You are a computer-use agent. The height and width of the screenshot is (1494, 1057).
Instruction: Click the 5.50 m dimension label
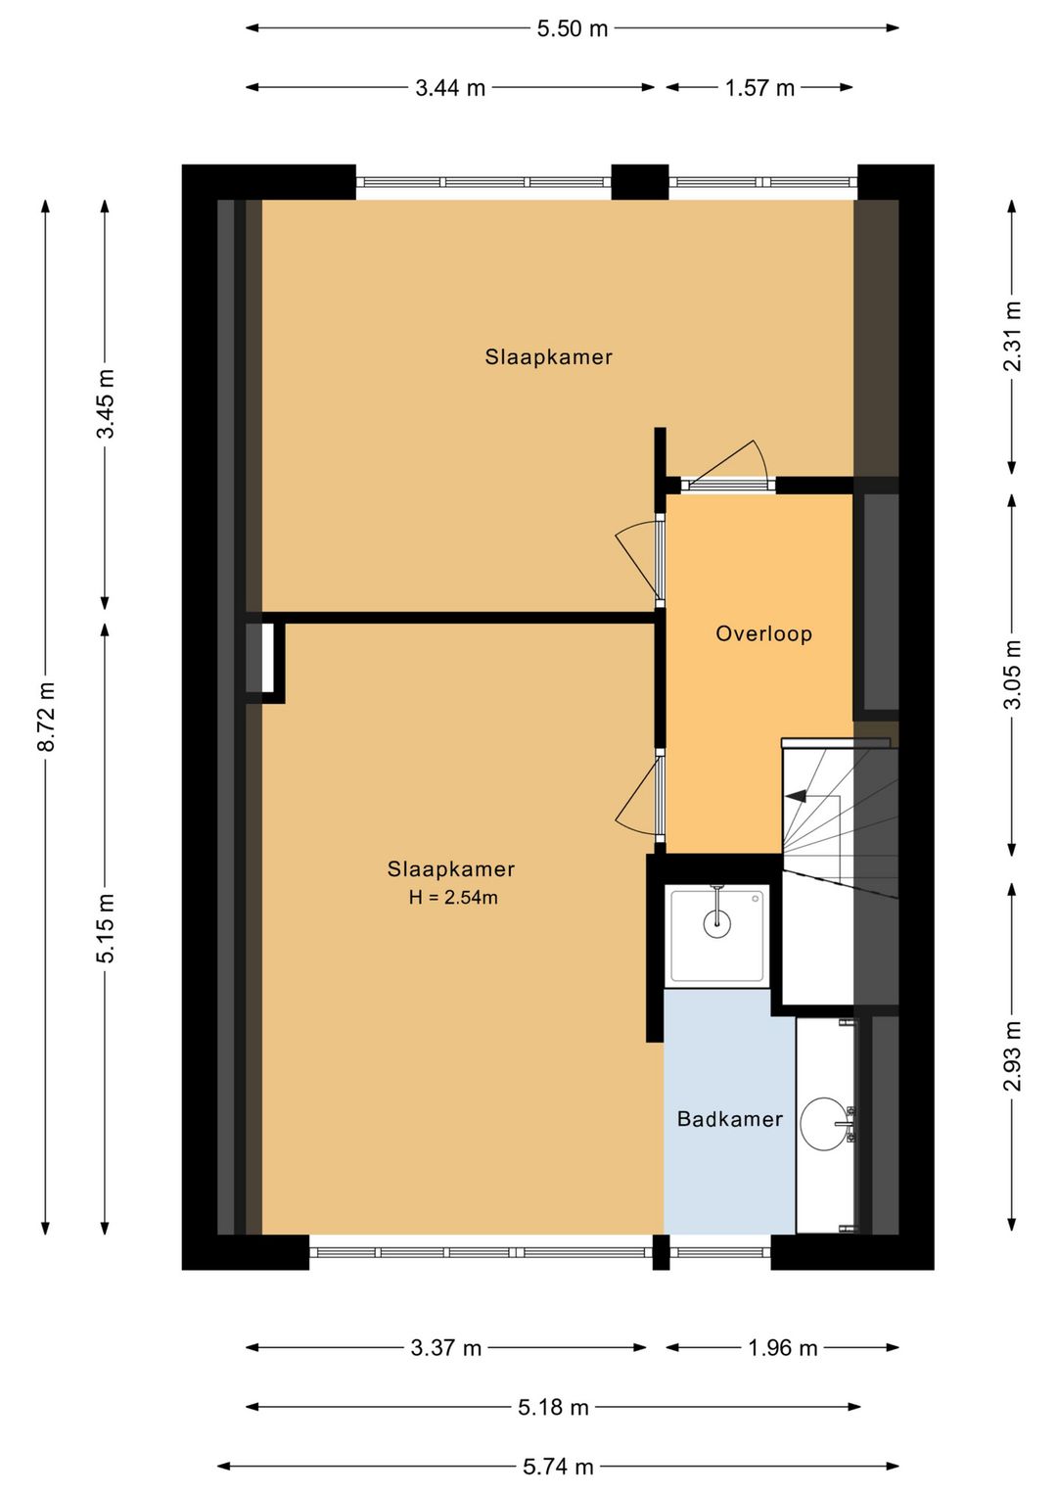[x=572, y=28]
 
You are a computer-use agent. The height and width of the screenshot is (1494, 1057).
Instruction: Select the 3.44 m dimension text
[x=450, y=88]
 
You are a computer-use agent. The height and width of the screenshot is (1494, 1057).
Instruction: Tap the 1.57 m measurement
[x=759, y=88]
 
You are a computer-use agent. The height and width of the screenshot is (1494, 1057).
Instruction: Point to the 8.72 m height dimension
[x=46, y=718]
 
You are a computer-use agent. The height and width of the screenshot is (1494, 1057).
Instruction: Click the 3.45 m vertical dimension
[x=106, y=403]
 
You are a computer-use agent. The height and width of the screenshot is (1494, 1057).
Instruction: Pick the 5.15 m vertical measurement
[x=106, y=928]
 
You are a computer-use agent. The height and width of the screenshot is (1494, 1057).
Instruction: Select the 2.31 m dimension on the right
[x=1012, y=336]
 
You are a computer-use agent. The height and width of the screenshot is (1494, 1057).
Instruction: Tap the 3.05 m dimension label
[x=1012, y=675]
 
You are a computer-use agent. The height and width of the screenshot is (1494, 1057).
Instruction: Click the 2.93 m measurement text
[x=1012, y=1055]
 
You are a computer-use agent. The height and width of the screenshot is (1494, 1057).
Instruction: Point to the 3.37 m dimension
[x=445, y=1348]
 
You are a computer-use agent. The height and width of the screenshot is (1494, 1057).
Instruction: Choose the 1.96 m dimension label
[x=782, y=1348]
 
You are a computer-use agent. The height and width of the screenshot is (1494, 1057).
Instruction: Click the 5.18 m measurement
[x=553, y=1408]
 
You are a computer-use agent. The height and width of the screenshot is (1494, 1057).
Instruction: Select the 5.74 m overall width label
[x=558, y=1467]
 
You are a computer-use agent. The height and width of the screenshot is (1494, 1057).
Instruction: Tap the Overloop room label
[x=763, y=633]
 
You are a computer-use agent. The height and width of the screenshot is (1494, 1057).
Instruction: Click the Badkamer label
[x=729, y=1119]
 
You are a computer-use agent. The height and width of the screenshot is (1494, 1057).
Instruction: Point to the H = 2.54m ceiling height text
[x=453, y=898]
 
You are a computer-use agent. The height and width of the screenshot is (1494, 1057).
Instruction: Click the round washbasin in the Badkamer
[x=824, y=1124]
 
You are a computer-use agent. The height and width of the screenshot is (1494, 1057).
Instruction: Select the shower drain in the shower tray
[x=717, y=921]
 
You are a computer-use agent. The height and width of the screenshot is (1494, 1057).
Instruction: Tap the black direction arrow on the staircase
[x=797, y=796]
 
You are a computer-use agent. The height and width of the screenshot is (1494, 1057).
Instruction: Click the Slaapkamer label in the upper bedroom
[x=548, y=357]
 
